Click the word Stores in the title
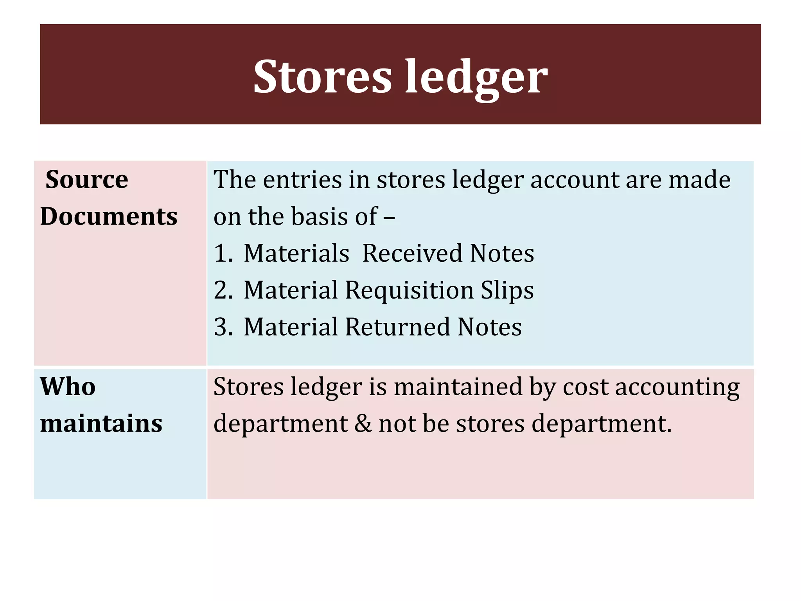click(x=322, y=77)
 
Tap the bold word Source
click(x=87, y=180)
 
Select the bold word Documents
click(x=109, y=216)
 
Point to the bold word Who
click(x=68, y=387)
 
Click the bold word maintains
click(x=101, y=423)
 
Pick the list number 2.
click(x=222, y=290)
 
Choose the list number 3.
click(x=222, y=327)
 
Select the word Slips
click(x=507, y=290)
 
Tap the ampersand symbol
click(x=363, y=423)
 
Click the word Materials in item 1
click(x=296, y=253)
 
